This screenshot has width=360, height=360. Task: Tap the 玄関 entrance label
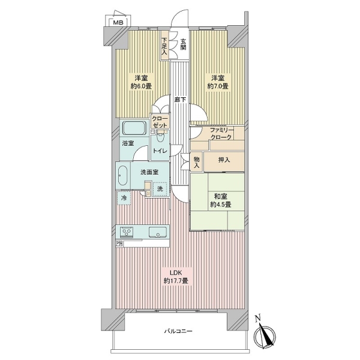point(183,44)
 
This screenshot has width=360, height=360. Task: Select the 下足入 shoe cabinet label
point(164,46)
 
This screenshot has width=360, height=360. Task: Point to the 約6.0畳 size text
point(141,86)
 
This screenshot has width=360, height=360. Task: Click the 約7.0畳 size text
point(218,86)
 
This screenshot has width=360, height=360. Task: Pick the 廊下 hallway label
point(180,100)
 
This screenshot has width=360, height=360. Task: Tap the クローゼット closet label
point(160,122)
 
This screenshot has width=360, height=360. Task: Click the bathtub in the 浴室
point(134,128)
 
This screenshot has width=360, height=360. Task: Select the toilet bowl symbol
point(160,139)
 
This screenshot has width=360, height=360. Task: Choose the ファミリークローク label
point(221,134)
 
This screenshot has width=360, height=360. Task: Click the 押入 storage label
point(224,160)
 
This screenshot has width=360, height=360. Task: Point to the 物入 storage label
point(197,162)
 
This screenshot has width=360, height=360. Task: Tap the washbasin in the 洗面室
point(122,175)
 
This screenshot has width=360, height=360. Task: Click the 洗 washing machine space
point(160,189)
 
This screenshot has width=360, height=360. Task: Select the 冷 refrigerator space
point(124,198)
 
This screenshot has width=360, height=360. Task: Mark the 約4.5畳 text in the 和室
point(221,205)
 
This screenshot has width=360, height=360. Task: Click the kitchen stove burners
point(127,232)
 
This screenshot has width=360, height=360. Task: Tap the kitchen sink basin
point(158,232)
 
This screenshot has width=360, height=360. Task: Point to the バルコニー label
point(178,331)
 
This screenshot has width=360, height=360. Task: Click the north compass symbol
point(264,335)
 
